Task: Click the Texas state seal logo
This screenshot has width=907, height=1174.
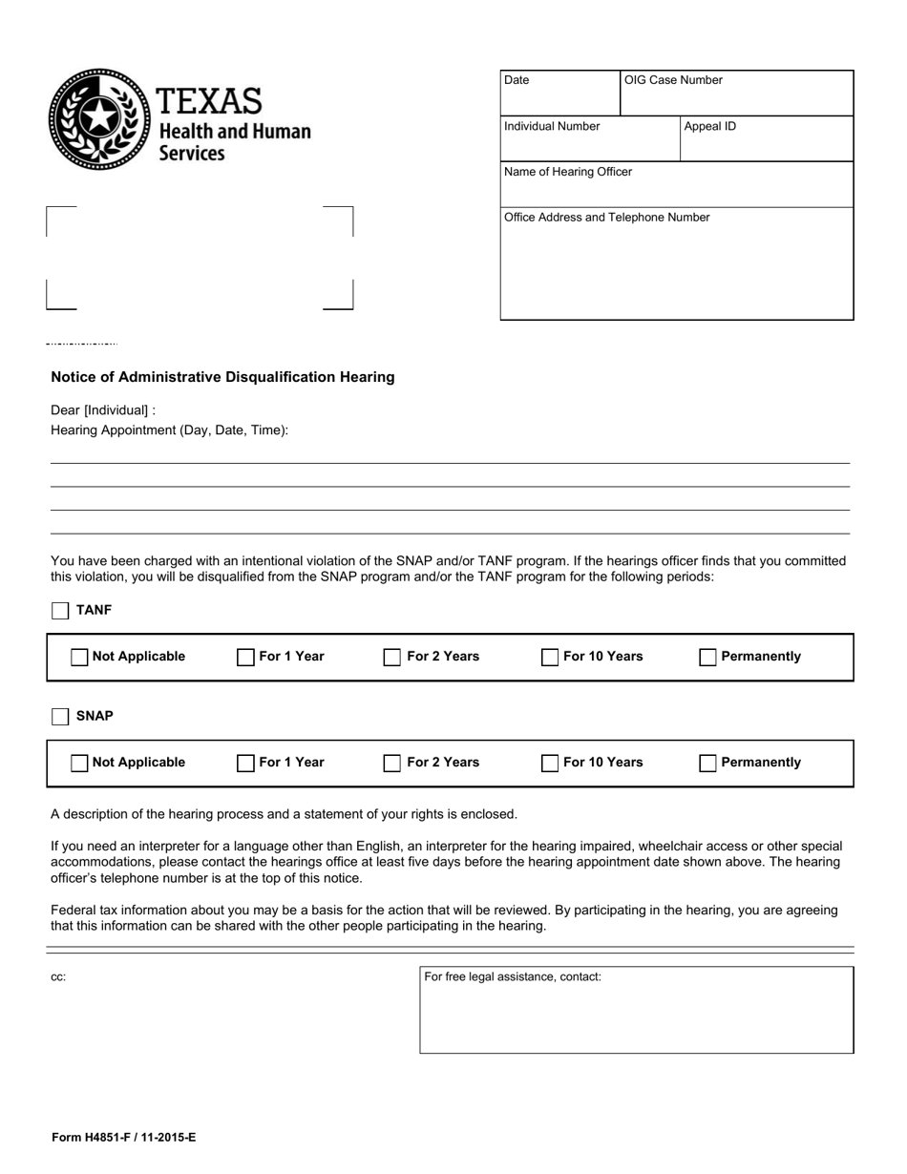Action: click(99, 119)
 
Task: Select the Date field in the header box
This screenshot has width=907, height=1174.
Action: click(560, 94)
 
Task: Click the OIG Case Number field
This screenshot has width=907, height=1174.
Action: click(736, 94)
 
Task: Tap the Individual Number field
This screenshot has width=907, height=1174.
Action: click(590, 139)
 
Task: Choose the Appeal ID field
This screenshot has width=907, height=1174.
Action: click(767, 139)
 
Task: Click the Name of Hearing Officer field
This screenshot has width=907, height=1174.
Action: click(676, 185)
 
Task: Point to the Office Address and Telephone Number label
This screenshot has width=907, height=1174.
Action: click(606, 218)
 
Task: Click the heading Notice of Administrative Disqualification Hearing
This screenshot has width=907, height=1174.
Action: click(222, 377)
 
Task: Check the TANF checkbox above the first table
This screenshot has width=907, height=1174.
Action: click(60, 611)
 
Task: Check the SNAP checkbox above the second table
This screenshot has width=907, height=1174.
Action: click(60, 717)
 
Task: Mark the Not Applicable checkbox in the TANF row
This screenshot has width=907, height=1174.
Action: click(80, 658)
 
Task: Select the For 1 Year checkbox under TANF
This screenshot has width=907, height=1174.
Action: click(246, 658)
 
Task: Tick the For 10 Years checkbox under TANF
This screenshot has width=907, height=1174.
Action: click(550, 658)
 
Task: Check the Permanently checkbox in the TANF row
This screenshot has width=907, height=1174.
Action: click(708, 658)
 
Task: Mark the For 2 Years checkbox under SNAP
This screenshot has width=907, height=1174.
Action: click(392, 764)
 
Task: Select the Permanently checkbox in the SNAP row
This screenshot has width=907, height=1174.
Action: click(708, 764)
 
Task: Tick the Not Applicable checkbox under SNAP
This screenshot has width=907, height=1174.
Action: click(80, 764)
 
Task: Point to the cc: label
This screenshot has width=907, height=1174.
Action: click(58, 977)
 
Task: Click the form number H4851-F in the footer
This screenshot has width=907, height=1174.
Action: click(123, 1138)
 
